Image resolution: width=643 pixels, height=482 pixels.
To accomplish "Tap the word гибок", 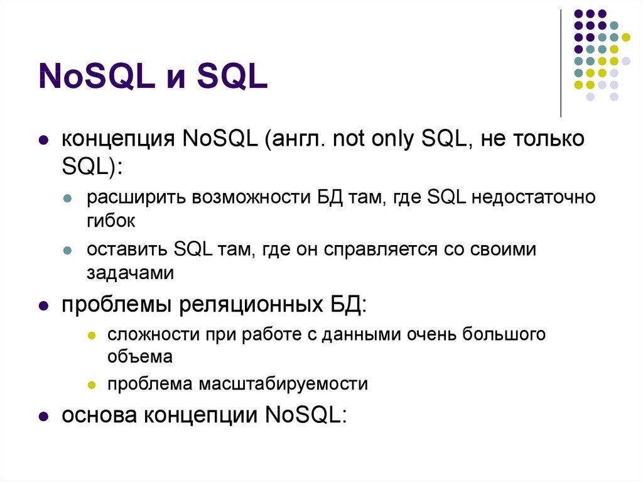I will [x=111, y=221].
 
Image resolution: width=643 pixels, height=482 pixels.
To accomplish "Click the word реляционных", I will [x=247, y=306].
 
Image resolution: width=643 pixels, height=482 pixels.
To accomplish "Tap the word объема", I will [x=139, y=356].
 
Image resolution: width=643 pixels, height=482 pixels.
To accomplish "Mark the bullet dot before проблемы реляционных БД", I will [x=43, y=307].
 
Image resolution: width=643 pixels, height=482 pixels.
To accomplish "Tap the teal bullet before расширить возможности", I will [x=68, y=199].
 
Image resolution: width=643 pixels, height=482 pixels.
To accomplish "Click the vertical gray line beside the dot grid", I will [x=561, y=63].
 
